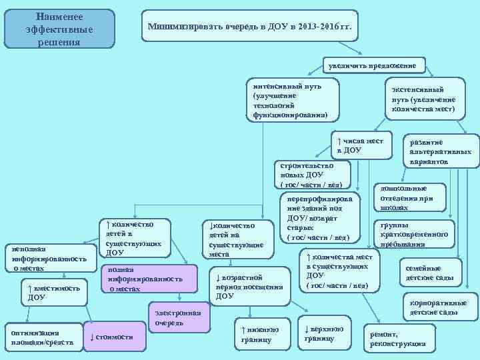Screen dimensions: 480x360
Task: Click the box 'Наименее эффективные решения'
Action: [59, 29]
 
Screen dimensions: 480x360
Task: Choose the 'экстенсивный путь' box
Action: [423, 98]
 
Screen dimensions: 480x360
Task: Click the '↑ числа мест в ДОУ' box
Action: [361, 145]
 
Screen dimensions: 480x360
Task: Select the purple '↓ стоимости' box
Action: [115, 336]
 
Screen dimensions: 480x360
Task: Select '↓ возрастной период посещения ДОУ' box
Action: [244, 285]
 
